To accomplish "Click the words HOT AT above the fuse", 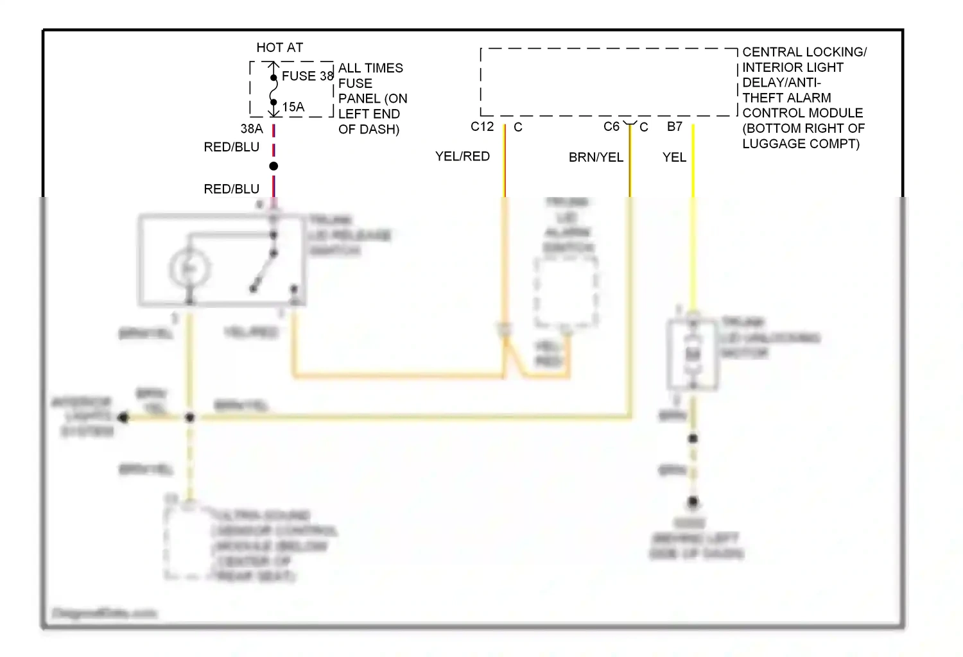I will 279,47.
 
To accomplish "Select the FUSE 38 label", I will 308,76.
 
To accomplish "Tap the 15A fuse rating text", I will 293,107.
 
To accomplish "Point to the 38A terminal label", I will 252,129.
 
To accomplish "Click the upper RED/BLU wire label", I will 231,147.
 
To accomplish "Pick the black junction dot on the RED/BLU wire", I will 273,166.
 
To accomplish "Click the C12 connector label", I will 482,126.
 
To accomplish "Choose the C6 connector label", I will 611,126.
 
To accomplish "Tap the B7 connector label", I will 674,126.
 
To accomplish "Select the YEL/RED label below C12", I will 462,157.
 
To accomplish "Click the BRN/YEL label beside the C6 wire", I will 596,157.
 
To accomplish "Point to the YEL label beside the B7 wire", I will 674,157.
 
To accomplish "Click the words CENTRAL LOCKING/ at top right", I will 804,52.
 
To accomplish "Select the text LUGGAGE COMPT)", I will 801,144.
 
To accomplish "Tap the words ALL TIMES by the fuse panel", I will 370,68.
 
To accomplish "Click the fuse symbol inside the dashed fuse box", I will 273,90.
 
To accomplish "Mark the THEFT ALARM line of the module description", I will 786,98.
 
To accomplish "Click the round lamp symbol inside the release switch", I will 189,269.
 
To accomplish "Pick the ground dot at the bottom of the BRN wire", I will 693,502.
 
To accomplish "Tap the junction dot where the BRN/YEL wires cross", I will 189,418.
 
